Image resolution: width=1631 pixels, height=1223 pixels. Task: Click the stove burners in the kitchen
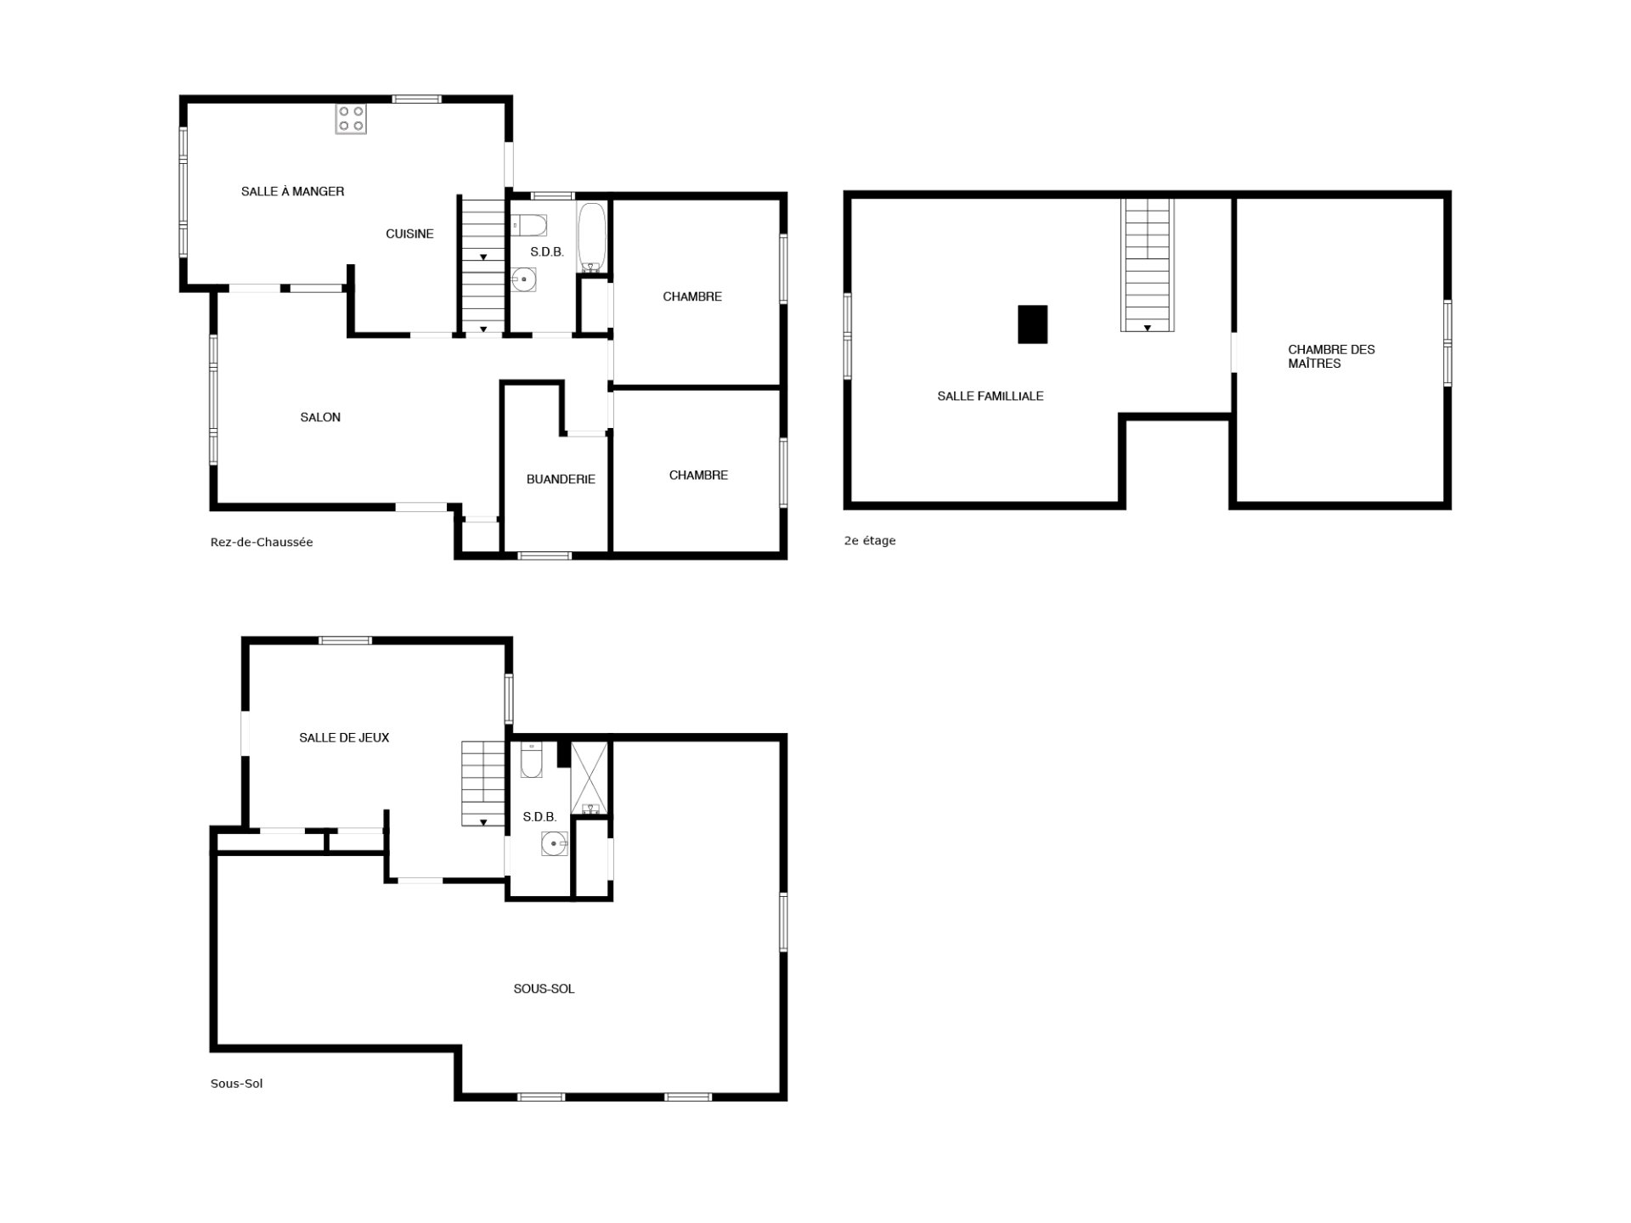(350, 119)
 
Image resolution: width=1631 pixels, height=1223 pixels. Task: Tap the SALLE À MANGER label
(292, 192)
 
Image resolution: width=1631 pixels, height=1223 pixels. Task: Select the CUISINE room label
(409, 234)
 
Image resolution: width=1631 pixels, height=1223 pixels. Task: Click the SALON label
(320, 417)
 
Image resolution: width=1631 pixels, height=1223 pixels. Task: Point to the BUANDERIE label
(561, 479)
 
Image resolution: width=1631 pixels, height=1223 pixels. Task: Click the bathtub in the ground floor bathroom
(591, 237)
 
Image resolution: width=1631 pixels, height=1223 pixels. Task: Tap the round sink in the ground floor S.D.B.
(524, 279)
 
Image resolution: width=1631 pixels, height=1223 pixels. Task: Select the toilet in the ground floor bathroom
(528, 226)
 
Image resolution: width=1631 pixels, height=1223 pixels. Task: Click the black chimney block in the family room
(1032, 324)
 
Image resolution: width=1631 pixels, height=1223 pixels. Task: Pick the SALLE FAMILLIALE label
(990, 396)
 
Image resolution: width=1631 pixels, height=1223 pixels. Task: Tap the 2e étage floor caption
(870, 540)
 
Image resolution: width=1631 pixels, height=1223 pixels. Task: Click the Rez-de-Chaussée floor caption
(262, 542)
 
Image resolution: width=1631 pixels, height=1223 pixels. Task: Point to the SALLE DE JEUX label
(344, 738)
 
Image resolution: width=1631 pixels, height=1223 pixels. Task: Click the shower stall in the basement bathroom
(590, 778)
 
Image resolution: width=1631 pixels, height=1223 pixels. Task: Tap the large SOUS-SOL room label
(544, 989)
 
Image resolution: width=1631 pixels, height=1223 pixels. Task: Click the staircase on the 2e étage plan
(1147, 265)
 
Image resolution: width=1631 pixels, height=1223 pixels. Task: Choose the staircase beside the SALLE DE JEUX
(483, 783)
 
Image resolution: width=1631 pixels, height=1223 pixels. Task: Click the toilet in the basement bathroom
(531, 762)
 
